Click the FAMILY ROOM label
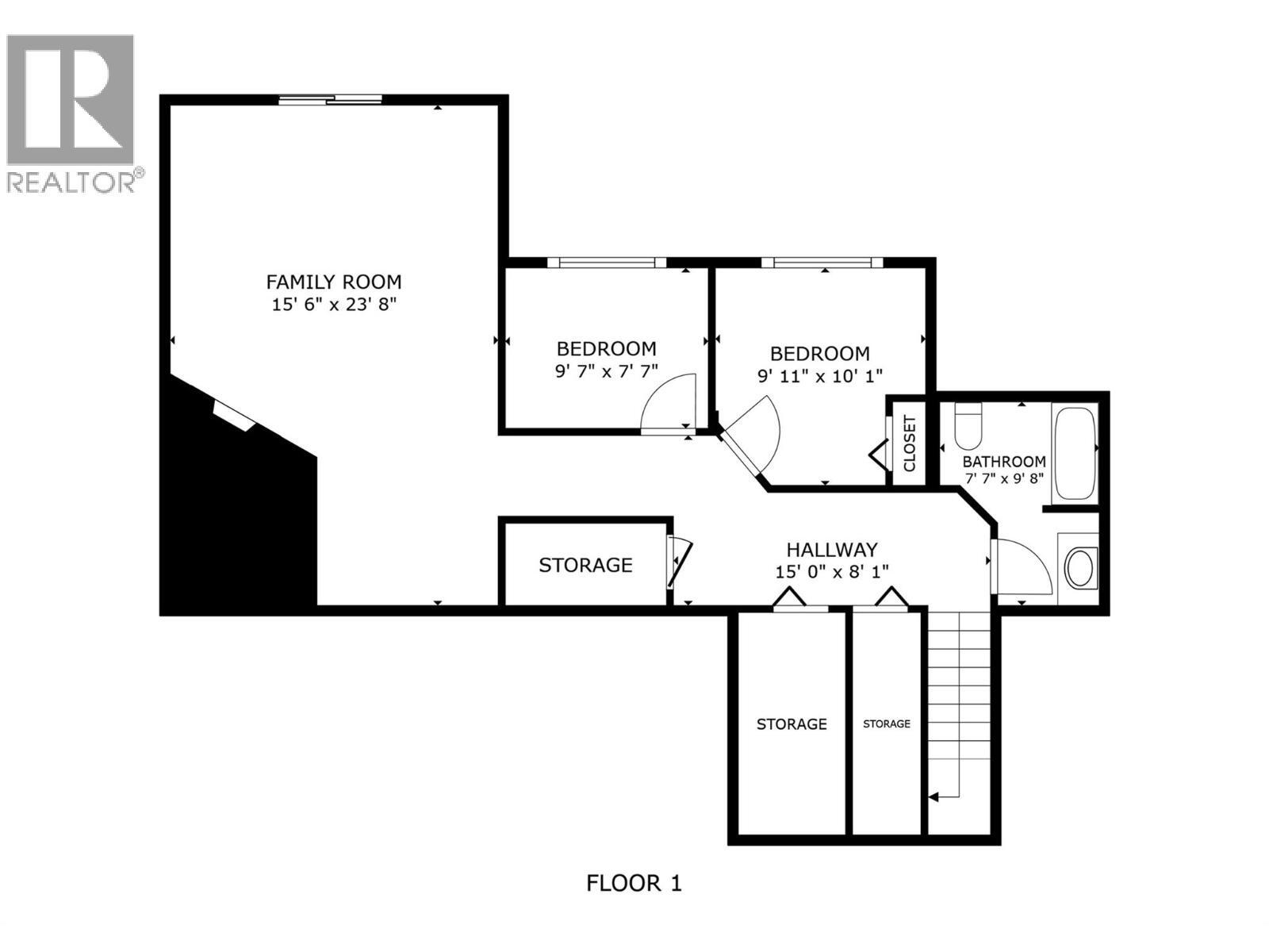pyautogui.click(x=333, y=282)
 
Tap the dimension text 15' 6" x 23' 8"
pyautogui.click(x=333, y=304)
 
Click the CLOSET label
pyautogui.click(x=909, y=443)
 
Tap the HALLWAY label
pyautogui.click(x=832, y=549)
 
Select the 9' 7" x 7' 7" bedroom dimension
pyautogui.click(x=606, y=370)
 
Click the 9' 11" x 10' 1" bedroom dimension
pyautogui.click(x=820, y=375)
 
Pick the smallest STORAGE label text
pyautogui.click(x=887, y=724)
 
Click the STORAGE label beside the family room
pyautogui.click(x=585, y=565)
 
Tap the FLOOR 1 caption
pyautogui.click(x=634, y=882)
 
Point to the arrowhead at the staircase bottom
pyautogui.click(x=934, y=796)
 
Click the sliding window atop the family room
pyautogui.click(x=330, y=100)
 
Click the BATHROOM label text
pyautogui.click(x=1003, y=462)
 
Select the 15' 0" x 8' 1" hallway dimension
pyautogui.click(x=832, y=570)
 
